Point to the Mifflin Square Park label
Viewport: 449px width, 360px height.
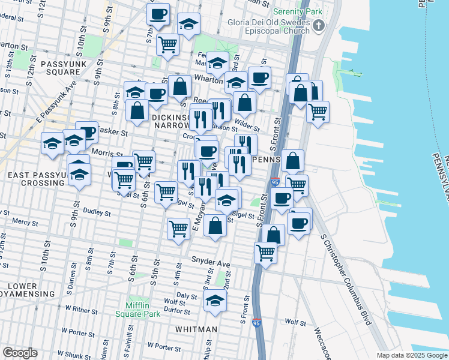pyautogui.click(x=143, y=310)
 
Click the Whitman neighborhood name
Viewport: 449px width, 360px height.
pyautogui.click(x=196, y=329)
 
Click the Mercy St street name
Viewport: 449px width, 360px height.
pyautogui.click(x=25, y=222)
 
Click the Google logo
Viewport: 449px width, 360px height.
pyautogui.click(x=20, y=353)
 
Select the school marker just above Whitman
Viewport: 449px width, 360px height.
pyautogui.click(x=215, y=301)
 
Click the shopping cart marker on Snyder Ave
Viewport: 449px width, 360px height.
pyautogui.click(x=265, y=253)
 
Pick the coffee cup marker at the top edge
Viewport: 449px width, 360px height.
pyautogui.click(x=158, y=14)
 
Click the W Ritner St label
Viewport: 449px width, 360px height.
pyautogui.click(x=80, y=309)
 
